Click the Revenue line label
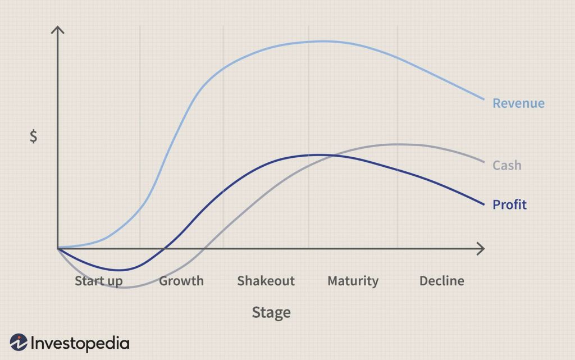[x=518, y=103]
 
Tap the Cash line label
[x=506, y=165]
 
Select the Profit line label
[x=509, y=204]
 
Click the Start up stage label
[x=99, y=281]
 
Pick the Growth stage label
[x=181, y=281]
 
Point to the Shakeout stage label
[x=266, y=281]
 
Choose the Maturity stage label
[x=353, y=281]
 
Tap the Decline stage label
[x=442, y=281]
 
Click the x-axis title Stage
[x=271, y=312]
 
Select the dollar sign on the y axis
[x=34, y=136]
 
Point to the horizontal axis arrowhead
[x=481, y=248]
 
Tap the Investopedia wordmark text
[x=80, y=343]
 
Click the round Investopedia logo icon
[x=19, y=343]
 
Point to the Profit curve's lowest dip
[x=118, y=270]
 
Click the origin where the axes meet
[x=58, y=248]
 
